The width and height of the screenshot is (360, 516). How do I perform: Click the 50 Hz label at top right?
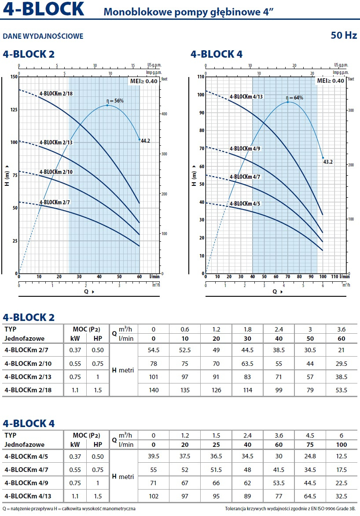click(x=344, y=35)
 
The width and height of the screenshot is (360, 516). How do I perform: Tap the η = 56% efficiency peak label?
click(x=115, y=101)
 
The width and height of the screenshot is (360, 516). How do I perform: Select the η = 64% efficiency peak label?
click(x=294, y=98)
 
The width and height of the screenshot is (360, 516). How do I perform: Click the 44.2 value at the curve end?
click(x=145, y=141)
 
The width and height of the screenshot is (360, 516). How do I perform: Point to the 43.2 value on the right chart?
click(x=328, y=162)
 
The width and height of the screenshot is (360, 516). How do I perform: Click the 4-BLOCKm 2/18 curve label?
click(x=56, y=93)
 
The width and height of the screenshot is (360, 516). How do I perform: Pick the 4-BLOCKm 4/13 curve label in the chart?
click(x=246, y=97)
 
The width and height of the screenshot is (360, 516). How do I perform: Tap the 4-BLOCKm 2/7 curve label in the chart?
click(x=55, y=203)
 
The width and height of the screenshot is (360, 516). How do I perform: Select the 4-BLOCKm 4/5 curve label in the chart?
click(x=245, y=203)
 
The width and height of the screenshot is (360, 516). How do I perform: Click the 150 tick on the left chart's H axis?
click(x=14, y=77)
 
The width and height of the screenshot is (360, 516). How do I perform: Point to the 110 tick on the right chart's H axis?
click(x=201, y=77)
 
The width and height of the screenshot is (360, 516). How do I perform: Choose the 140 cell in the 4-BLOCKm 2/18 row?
click(x=154, y=391)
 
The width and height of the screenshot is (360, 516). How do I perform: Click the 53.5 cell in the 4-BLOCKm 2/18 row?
click(x=342, y=391)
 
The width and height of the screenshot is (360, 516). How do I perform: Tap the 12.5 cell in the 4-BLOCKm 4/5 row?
click(x=342, y=456)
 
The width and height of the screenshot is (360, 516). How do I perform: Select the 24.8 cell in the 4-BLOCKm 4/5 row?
click(x=310, y=456)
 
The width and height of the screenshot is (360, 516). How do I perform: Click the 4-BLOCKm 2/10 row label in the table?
click(x=28, y=364)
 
